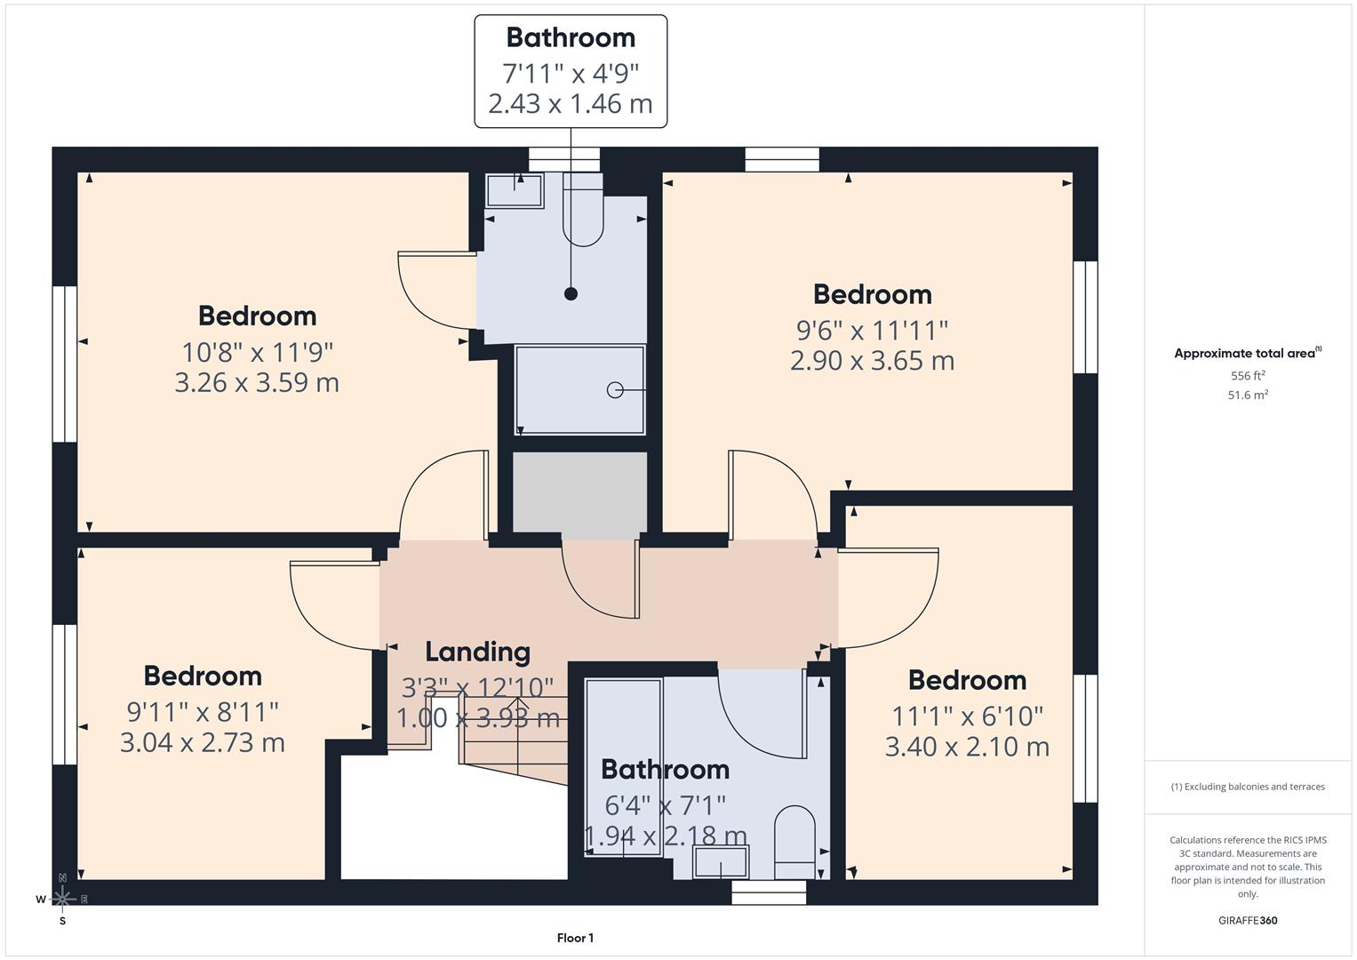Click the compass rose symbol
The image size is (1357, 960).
(x=62, y=899)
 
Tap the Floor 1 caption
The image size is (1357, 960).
(x=575, y=938)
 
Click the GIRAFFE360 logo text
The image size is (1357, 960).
(x=1247, y=921)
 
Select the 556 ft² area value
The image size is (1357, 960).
(x=1247, y=376)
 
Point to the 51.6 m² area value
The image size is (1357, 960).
(x=1247, y=396)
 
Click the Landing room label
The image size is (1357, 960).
(x=477, y=652)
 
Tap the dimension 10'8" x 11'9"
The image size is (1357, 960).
(x=257, y=352)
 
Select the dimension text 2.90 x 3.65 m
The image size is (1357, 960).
(x=872, y=361)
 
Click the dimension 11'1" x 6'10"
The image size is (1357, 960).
(x=967, y=716)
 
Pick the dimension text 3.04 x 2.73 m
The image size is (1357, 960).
(x=202, y=742)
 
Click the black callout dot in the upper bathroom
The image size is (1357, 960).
(x=571, y=293)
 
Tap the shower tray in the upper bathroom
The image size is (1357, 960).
(x=579, y=389)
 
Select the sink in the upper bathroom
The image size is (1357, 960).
(x=514, y=191)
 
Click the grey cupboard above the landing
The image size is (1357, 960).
(x=579, y=494)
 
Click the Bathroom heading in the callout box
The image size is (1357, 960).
(x=571, y=37)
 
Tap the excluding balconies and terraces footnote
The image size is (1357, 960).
(x=1247, y=787)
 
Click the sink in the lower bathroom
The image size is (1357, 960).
(x=720, y=862)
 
